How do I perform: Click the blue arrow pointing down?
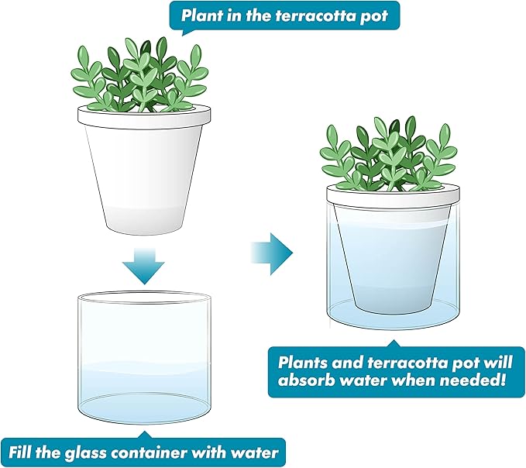coord(143,264)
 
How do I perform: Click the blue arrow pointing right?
coord(272,251)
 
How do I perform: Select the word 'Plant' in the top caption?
coord(203,15)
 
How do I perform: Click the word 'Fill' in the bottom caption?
coord(24,450)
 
